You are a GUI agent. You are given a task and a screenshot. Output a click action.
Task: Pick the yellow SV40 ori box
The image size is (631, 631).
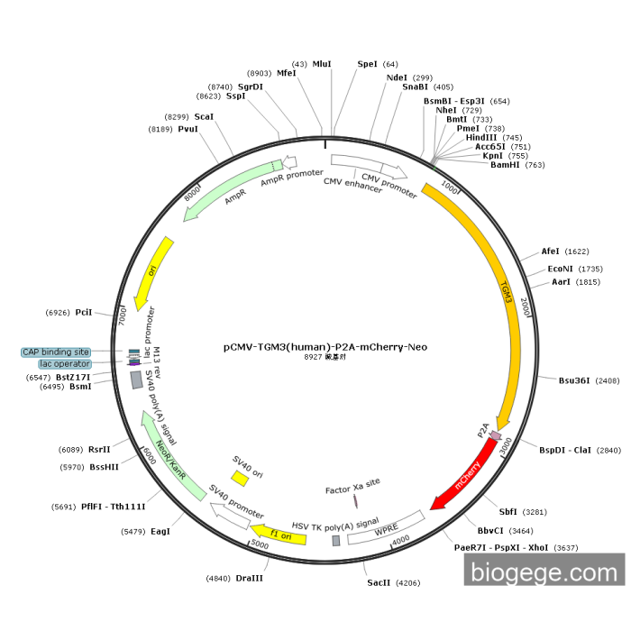click(239, 477)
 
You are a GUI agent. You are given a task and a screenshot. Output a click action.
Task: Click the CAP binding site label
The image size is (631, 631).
click(56, 352)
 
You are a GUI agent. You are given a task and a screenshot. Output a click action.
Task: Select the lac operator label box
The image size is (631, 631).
click(59, 363)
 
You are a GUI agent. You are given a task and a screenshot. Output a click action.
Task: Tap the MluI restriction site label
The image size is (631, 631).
click(322, 64)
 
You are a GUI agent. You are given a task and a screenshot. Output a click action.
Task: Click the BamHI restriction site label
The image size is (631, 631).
click(505, 165)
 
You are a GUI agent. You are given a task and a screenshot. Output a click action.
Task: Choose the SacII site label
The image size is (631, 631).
click(379, 583)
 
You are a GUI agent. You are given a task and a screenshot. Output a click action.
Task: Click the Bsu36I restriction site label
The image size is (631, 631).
click(573, 380)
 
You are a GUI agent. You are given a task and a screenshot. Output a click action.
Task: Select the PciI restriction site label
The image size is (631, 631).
click(84, 312)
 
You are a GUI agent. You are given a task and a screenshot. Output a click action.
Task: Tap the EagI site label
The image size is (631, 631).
click(160, 531)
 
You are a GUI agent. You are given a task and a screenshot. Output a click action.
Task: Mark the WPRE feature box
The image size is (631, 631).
click(386, 529)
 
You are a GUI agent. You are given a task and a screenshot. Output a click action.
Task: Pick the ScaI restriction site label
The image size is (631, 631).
click(204, 117)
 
